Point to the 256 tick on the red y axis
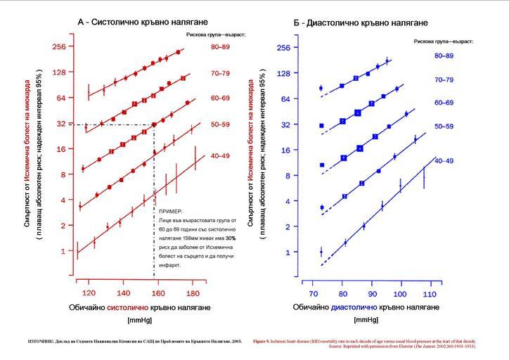point(57,46)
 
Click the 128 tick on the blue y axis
point(283,73)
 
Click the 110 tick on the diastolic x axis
point(427,293)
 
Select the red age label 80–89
point(220,46)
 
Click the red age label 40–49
point(220,156)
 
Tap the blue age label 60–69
point(444,103)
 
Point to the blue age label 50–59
point(444,129)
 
